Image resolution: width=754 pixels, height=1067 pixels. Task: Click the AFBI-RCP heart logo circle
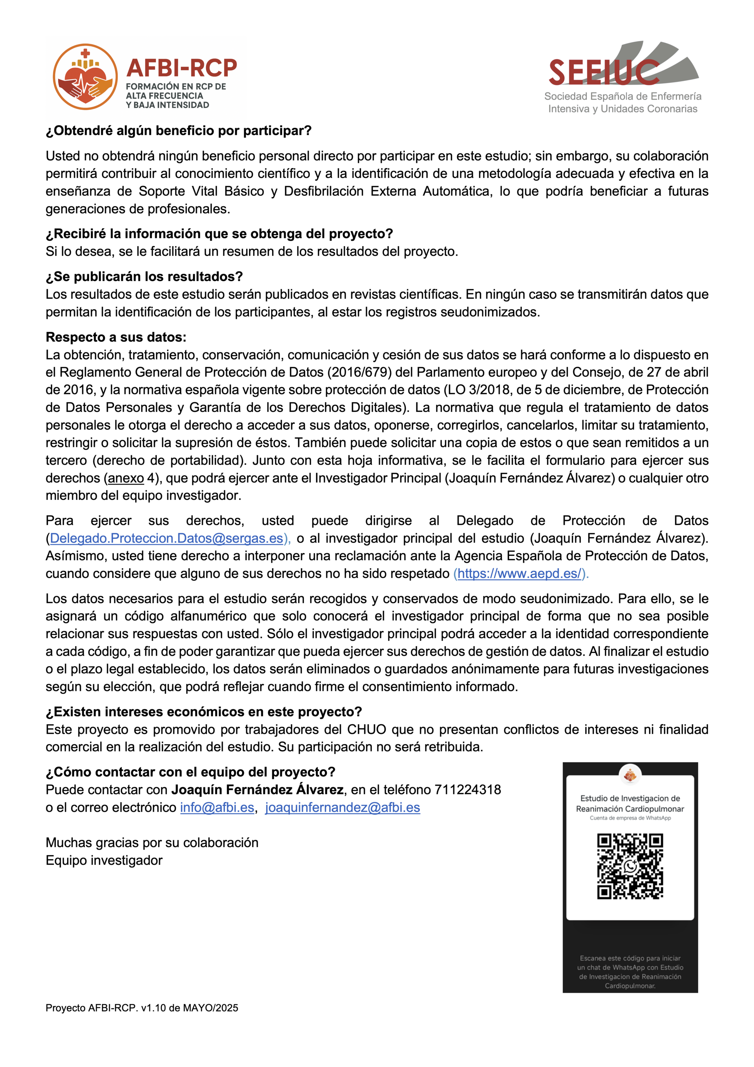(85, 77)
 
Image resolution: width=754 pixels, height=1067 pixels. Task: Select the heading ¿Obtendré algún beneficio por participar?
(179, 131)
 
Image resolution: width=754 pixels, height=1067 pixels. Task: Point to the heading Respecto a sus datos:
(116, 337)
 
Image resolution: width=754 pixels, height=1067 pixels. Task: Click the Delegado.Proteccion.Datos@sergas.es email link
(167, 538)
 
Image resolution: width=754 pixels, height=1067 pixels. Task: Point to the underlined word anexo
(126, 478)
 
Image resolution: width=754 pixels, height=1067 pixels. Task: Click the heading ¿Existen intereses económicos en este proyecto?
(203, 712)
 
